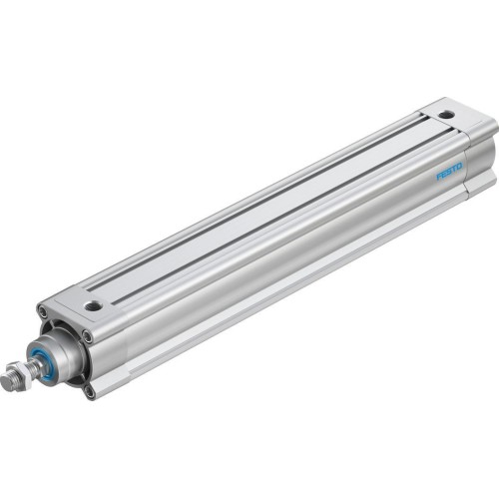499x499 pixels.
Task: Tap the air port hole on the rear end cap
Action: [x=445, y=114]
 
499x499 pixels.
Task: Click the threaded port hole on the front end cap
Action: [x=93, y=305]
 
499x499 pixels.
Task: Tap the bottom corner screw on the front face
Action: [x=89, y=391]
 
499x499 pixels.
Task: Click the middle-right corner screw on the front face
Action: [x=88, y=336]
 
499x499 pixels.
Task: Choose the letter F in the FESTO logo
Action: [x=439, y=182]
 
